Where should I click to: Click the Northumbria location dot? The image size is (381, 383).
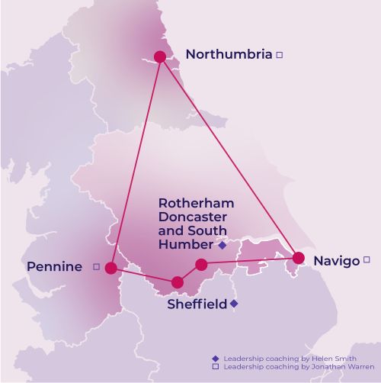tap(160, 56)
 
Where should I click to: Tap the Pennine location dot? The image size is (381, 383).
tap(111, 268)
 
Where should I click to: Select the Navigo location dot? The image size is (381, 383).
tap(299, 258)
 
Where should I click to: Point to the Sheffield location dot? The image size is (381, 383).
tap(178, 282)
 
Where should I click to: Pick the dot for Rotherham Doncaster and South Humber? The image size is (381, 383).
tap(201, 265)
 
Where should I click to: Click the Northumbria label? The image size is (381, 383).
tap(229, 54)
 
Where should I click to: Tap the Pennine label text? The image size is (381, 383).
tap(54, 266)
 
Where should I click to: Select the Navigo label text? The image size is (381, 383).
tap(336, 261)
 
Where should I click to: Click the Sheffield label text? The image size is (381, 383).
tap(197, 304)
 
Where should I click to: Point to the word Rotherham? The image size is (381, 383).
tap(196, 204)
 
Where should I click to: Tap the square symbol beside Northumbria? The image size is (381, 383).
tap(280, 55)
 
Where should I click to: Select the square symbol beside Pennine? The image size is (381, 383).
tap(96, 266)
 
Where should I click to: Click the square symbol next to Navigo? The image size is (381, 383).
tap(367, 259)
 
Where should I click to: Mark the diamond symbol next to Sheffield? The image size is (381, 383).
tap(234, 304)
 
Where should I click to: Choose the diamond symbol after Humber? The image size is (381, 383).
tap(222, 246)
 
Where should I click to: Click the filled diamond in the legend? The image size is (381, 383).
tap(216, 358)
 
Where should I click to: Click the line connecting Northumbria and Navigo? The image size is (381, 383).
tap(229, 156)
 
